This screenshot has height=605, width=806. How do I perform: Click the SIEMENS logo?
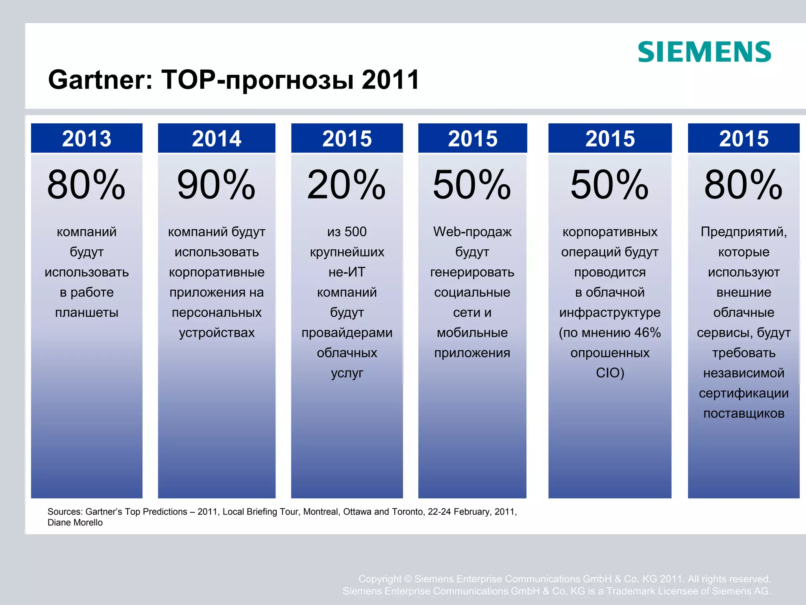tap(704, 52)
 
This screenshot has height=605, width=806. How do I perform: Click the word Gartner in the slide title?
tap(100, 80)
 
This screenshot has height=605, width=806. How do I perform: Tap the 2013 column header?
tap(87, 139)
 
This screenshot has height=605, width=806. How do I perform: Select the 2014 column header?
tap(216, 139)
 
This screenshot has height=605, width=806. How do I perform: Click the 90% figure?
tap(216, 184)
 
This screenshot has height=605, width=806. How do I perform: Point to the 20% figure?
tap(346, 184)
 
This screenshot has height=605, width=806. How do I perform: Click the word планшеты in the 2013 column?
tap(87, 312)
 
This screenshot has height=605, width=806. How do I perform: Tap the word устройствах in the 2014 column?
tap(216, 332)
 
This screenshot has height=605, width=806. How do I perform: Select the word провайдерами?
tap(347, 332)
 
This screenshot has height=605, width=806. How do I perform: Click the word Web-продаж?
tap(472, 232)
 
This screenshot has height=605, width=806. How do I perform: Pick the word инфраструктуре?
tap(610, 312)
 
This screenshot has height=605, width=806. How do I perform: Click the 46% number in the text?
tap(647, 332)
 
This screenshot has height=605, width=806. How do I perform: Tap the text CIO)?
tap(610, 373)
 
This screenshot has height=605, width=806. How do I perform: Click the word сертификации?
tap(743, 393)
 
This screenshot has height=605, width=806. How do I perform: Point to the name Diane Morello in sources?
tap(75, 523)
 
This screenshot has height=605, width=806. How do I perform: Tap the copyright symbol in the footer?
tap(408, 579)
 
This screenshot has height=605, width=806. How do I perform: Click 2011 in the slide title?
tap(390, 80)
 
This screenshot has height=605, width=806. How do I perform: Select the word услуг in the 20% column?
tap(347, 373)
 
